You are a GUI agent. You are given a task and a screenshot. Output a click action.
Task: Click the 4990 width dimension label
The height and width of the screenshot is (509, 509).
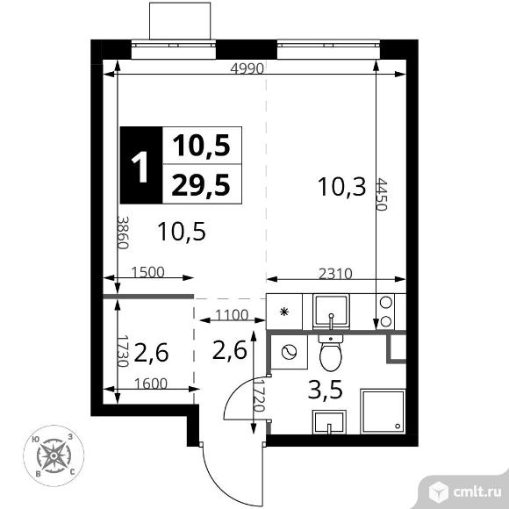pos(247,68)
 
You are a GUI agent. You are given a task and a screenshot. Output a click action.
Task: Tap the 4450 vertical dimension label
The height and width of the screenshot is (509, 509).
pos(382,194)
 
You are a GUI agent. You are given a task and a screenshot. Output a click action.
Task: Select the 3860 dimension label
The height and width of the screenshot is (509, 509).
pos(123,233)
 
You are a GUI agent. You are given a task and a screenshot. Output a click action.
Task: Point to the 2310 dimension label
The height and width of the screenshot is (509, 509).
pos(335,274)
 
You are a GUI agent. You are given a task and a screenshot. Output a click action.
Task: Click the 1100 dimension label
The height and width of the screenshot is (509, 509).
pos(232,315)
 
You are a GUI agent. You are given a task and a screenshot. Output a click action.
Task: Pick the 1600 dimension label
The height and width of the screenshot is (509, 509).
pos(151,384)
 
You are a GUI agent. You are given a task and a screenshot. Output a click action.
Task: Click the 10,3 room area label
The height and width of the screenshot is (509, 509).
pos(342,187)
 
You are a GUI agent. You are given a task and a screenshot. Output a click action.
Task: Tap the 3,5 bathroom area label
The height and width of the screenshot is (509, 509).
pos(326,390)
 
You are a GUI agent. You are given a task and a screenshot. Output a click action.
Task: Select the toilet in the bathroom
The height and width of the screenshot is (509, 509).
pos(331,353)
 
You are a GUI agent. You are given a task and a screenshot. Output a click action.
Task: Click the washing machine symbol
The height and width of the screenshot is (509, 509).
pos(289,352)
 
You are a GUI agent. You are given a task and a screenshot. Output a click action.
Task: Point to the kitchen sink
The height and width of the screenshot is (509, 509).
pos(331,312)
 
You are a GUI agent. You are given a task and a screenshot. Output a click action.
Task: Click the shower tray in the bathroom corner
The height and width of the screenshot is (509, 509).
pos(383,412)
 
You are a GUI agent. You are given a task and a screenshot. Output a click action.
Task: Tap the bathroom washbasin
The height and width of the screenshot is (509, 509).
pos(329,422)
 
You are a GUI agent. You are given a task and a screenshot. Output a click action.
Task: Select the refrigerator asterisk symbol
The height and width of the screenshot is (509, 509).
pos(284,312)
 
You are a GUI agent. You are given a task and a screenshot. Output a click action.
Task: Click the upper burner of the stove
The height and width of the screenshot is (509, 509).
pos(385,302)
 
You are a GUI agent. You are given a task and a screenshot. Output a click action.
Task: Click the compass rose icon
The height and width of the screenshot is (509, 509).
pos(54,455)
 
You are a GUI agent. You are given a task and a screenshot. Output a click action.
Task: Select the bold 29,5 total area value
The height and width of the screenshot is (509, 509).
pos(201,185)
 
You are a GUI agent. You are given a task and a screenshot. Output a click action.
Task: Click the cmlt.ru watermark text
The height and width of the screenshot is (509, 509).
pos(477,492)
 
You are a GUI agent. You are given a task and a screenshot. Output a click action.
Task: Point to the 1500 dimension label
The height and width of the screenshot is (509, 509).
pos(148,272)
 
